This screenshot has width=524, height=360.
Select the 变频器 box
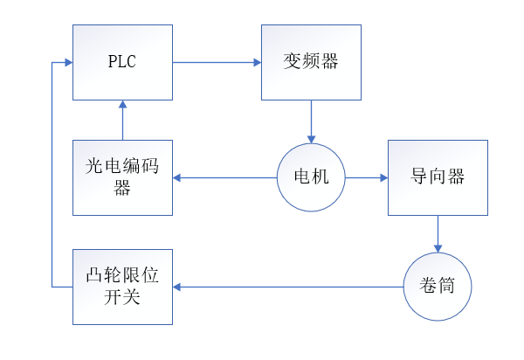pos(311,63)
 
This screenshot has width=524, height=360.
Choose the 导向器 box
pos(437,177)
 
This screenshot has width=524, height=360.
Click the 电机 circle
pos(311,177)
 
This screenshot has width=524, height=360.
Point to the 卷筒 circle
pos(438,286)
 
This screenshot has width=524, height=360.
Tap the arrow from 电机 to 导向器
pos(367,177)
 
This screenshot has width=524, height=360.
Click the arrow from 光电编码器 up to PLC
pos(122,121)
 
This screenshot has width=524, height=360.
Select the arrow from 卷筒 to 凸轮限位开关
pos(288,286)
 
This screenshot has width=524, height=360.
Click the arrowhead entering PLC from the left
pos(67,62)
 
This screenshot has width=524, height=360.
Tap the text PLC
pos(122,63)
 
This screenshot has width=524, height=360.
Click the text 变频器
pos(311,62)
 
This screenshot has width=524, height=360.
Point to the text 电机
pos(311,177)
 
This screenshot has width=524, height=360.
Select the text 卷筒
pos(438,286)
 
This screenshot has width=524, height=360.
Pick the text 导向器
pos(437,177)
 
